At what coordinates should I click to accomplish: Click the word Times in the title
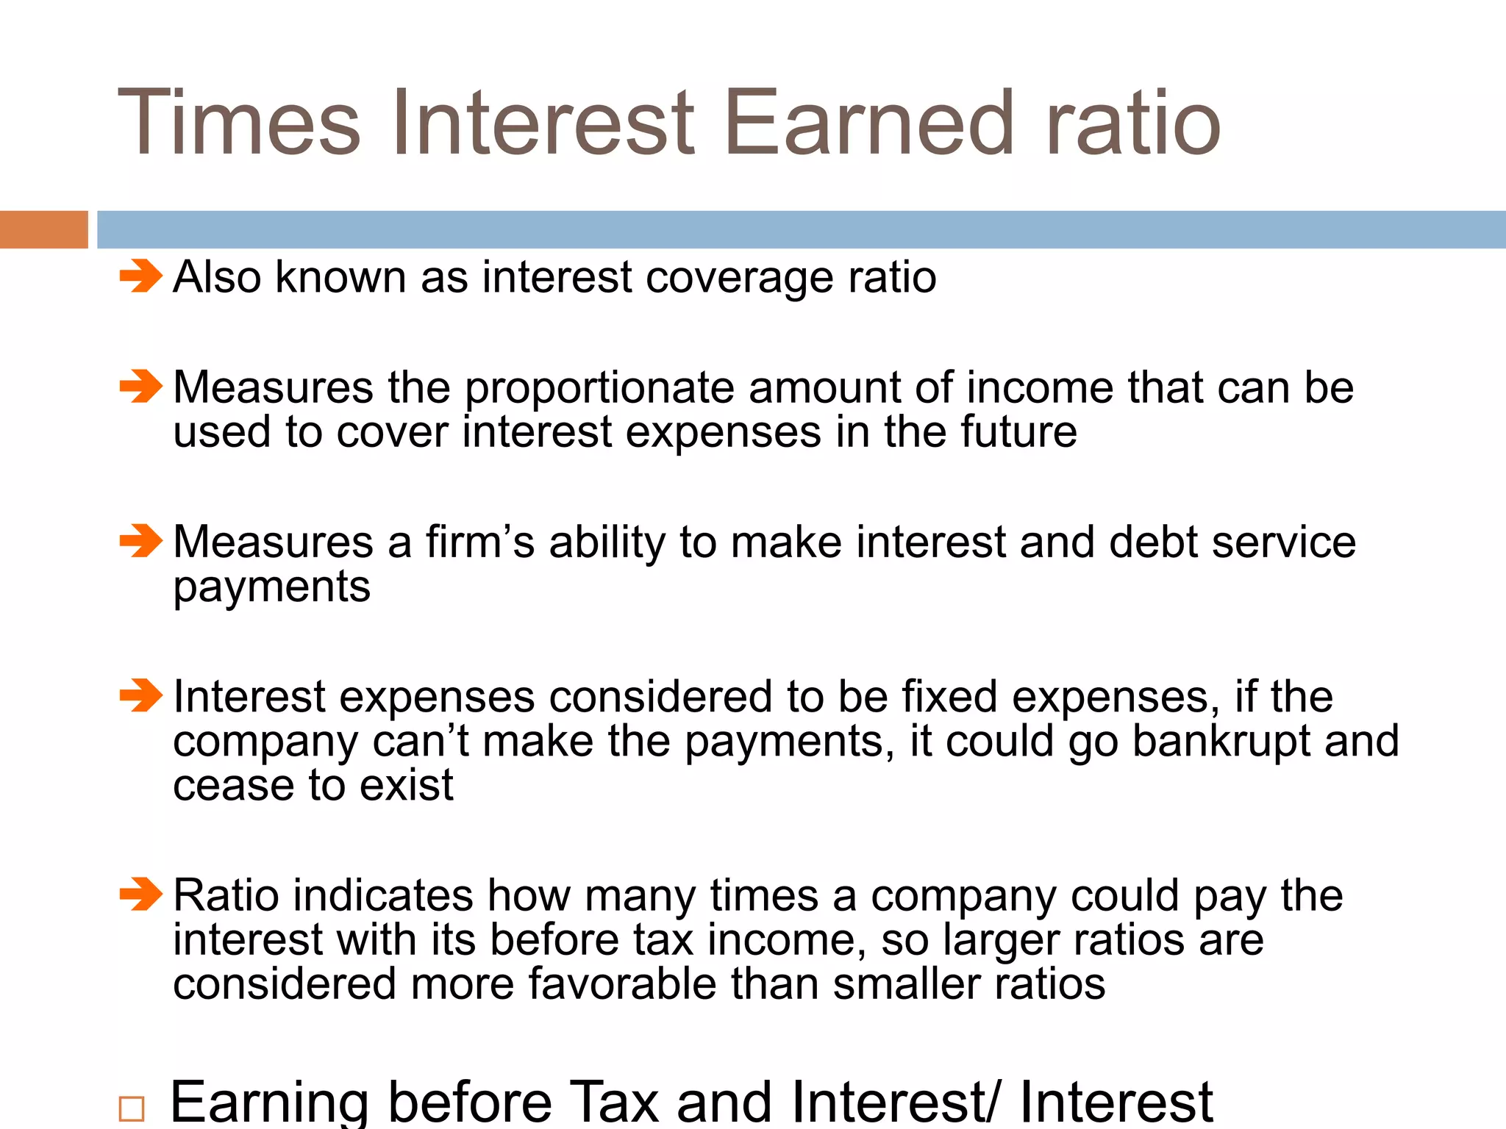(x=239, y=123)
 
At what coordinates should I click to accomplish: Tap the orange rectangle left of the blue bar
(x=43, y=229)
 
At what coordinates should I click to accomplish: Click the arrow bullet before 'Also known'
(x=140, y=276)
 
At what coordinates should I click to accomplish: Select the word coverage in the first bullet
(x=739, y=278)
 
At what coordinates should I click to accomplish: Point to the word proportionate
(x=599, y=388)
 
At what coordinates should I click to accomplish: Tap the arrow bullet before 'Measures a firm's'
(x=140, y=541)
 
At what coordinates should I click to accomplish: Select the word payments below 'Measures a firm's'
(x=272, y=588)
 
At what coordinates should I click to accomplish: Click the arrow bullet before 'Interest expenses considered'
(x=140, y=695)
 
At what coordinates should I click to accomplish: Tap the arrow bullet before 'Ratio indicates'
(x=140, y=894)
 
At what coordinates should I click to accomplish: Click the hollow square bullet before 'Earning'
(x=132, y=1108)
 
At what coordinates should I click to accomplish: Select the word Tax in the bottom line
(x=614, y=1103)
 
